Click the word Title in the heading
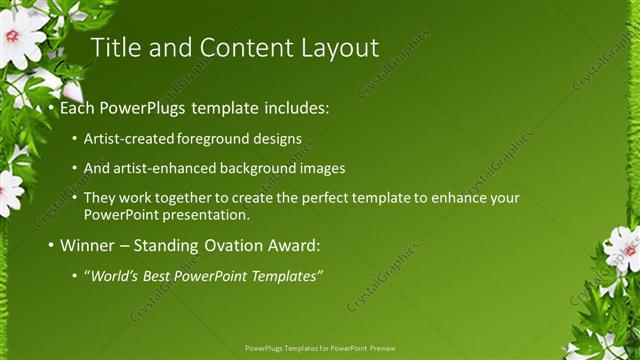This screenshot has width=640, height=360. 113,47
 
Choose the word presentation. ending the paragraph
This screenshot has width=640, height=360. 205,214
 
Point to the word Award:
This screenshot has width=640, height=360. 300,245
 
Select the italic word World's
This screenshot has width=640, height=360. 112,276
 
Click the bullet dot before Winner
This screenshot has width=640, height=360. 51,245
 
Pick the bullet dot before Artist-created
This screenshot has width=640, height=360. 75,138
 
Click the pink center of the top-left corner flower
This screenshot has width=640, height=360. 12,35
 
